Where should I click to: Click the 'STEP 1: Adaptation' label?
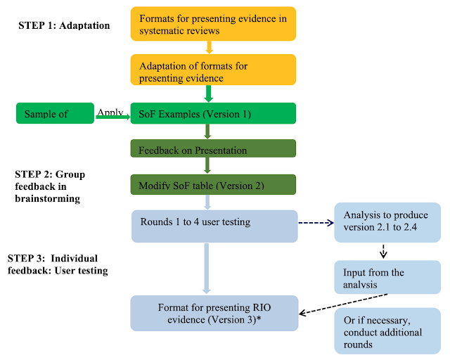(x=64, y=25)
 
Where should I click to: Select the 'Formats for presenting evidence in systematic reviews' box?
(x=213, y=24)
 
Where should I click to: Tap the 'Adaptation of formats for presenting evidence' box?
(x=213, y=70)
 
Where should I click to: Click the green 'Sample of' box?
(x=55, y=113)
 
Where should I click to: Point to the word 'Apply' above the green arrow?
(x=110, y=112)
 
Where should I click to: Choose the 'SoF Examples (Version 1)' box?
(x=213, y=113)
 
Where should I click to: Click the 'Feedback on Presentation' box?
(x=213, y=148)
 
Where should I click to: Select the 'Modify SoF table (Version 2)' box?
(x=213, y=185)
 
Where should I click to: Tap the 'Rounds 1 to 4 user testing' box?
(x=214, y=226)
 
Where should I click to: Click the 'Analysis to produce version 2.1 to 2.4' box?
(x=387, y=222)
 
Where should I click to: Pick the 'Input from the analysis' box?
(x=387, y=277)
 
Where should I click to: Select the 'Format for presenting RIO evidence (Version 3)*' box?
(x=214, y=313)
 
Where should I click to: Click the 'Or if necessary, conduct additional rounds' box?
(x=387, y=331)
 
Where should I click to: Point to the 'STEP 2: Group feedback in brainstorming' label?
(x=50, y=186)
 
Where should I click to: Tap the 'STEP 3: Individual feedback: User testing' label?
(x=58, y=264)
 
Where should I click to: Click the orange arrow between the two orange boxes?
(x=210, y=47)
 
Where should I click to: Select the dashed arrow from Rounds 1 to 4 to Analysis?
(x=316, y=223)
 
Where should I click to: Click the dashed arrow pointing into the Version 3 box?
(x=343, y=304)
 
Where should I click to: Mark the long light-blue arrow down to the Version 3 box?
(x=207, y=269)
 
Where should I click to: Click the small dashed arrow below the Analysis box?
(x=383, y=252)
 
